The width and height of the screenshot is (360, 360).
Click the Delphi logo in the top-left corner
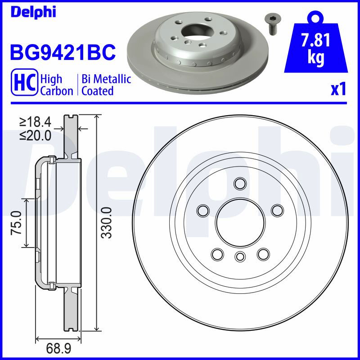33,12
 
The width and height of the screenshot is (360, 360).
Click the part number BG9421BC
63,52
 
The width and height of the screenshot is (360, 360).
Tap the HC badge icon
24,82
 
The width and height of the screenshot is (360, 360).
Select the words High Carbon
57,85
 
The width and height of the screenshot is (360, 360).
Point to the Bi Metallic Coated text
106,85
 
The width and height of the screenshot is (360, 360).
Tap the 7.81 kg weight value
316,49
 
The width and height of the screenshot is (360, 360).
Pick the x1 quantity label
338,89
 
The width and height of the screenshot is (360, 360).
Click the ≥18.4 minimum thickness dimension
35,122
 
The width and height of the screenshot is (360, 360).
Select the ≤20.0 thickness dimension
35,135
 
